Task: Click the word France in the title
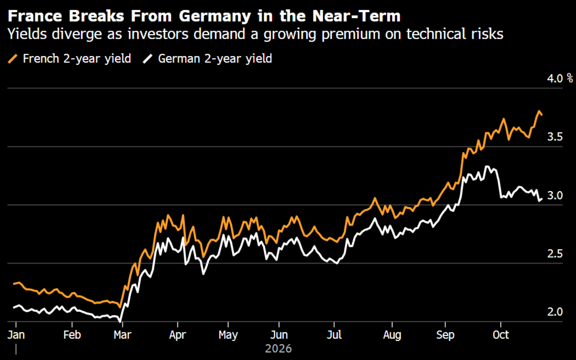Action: [x=35, y=16]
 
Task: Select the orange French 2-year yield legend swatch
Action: [x=12, y=59]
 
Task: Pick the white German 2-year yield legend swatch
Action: [x=148, y=59]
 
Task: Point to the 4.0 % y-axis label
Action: [x=560, y=78]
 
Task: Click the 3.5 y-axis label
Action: [x=555, y=137]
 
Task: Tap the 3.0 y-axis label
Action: [x=555, y=196]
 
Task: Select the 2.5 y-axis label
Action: [x=555, y=254]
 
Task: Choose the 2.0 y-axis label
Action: [x=555, y=312]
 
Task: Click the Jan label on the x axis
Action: [x=16, y=335]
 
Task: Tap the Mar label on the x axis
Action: [x=123, y=335]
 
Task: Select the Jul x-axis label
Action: [x=334, y=335]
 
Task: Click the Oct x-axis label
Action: [x=501, y=335]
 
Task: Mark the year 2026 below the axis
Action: [x=278, y=349]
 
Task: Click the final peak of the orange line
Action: [x=539, y=111]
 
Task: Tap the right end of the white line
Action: [x=542, y=199]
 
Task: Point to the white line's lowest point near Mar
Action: [x=120, y=322]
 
